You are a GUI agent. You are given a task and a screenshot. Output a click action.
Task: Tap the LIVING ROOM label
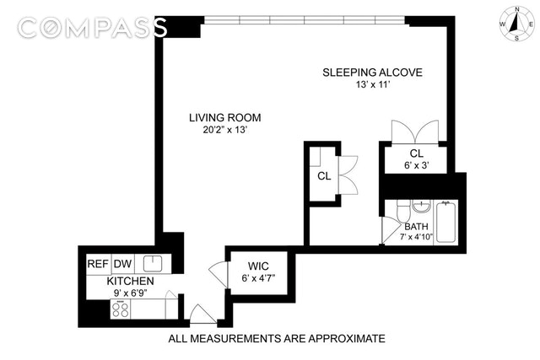225,118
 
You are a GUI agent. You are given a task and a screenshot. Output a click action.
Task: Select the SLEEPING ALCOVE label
372,73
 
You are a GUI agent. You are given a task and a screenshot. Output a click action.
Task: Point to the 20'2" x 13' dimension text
225,130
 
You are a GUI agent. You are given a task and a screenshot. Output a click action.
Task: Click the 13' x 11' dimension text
373,84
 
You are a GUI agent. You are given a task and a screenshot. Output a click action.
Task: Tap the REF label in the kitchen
98,264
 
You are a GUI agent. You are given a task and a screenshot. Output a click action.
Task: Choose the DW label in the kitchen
122,264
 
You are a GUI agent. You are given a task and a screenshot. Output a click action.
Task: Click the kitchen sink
153,264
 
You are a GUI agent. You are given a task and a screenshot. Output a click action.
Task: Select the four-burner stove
121,309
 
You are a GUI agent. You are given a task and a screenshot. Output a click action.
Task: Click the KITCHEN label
130,282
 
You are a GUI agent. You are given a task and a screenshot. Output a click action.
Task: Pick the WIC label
258,266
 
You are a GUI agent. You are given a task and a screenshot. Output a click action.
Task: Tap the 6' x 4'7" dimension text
258,278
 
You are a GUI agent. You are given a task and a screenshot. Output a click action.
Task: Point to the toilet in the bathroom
403,211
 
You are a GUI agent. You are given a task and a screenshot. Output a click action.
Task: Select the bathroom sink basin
422,207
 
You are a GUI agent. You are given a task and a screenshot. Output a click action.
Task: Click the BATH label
416,227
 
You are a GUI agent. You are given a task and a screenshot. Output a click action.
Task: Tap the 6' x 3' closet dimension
416,165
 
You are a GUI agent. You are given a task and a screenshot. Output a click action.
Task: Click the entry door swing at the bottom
202,314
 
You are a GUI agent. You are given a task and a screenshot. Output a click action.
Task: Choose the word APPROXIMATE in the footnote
347,339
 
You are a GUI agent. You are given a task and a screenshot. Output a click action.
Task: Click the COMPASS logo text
92,28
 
